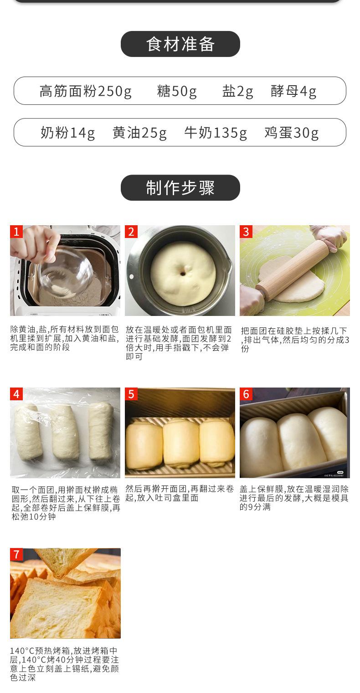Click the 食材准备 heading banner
pyautogui.click(x=180, y=44)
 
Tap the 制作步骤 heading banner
pyautogui.click(x=180, y=188)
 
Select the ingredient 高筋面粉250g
pyautogui.click(x=86, y=91)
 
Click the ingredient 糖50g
pyautogui.click(x=177, y=91)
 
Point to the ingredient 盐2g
pyautogui.click(x=237, y=91)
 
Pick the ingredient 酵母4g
pyautogui.click(x=293, y=91)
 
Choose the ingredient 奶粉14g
pyautogui.click(x=68, y=133)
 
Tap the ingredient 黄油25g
pyautogui.click(x=139, y=133)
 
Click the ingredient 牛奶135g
pyautogui.click(x=216, y=133)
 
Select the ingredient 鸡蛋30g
pyautogui.click(x=291, y=133)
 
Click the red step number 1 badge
pyautogui.click(x=16, y=232)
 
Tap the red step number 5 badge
pyautogui.click(x=131, y=394)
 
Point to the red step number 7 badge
pyautogui.click(x=16, y=554)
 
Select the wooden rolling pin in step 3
pyautogui.click(x=293, y=270)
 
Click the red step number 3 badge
pyautogui.click(x=246, y=232)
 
